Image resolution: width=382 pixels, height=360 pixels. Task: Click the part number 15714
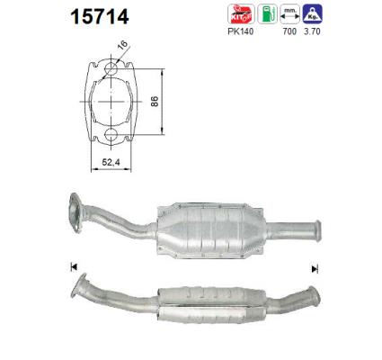click(100, 16)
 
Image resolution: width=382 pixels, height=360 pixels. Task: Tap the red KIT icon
click(241, 13)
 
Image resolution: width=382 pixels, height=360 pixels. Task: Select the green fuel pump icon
click(267, 13)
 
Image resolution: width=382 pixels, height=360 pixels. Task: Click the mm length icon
click(289, 13)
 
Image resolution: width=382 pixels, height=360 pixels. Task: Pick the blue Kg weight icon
click(312, 13)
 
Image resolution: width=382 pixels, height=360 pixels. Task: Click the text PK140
click(241, 31)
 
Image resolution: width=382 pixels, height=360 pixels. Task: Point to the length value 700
click(289, 31)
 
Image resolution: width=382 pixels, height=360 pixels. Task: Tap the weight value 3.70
click(312, 31)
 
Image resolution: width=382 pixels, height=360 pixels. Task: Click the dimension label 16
click(122, 45)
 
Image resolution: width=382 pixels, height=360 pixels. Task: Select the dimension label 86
click(155, 102)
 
